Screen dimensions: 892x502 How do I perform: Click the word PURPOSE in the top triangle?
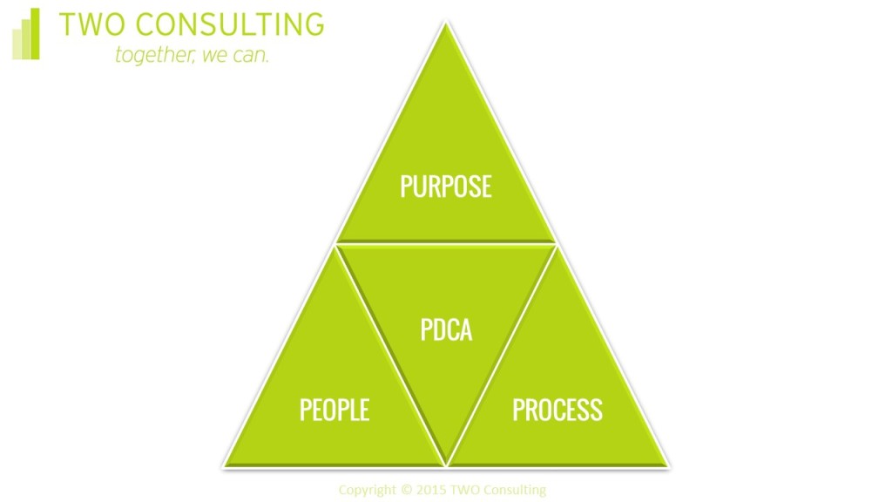click(446, 187)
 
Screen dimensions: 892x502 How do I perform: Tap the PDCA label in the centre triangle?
click(446, 329)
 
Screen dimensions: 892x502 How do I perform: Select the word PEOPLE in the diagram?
click(334, 410)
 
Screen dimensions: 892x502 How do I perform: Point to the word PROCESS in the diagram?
click(557, 410)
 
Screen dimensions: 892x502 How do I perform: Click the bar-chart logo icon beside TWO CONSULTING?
click(25, 34)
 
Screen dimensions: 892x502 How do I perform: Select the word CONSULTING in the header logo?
click(230, 24)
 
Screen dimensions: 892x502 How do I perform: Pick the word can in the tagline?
click(250, 56)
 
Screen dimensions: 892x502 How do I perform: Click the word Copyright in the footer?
click(367, 490)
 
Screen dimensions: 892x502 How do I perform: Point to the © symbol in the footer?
click(406, 490)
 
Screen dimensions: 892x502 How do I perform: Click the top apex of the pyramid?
click(446, 23)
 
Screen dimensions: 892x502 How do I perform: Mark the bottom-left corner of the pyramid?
click(225, 467)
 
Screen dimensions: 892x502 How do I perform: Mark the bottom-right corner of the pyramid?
click(668, 467)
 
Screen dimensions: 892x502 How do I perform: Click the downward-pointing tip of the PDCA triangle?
click(446, 465)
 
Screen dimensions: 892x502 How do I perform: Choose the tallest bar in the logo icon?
click(35, 34)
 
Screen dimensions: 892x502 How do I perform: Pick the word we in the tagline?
click(214, 56)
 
